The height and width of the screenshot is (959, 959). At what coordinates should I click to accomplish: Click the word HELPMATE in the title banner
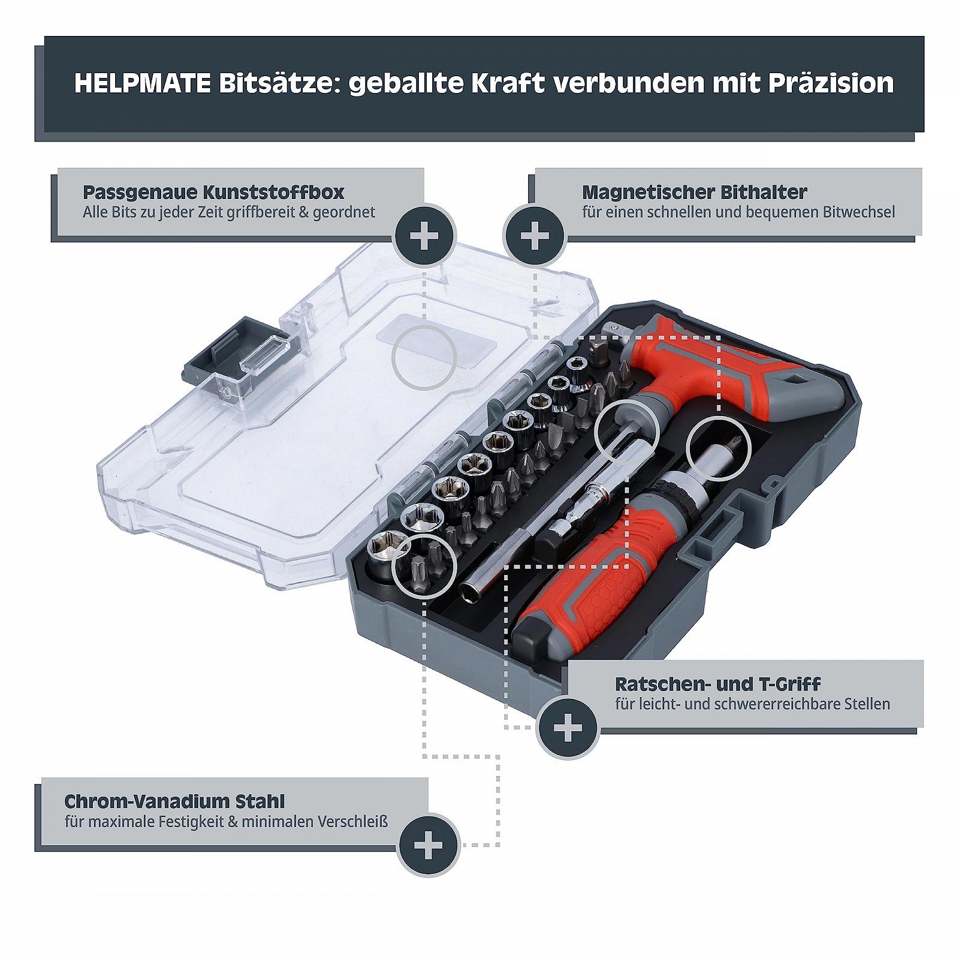point(143,83)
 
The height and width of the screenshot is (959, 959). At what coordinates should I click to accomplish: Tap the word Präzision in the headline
point(831,83)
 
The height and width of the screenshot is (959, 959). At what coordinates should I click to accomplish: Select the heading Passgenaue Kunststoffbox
point(213,192)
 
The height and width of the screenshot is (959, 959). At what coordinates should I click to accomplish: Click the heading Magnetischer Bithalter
point(695,192)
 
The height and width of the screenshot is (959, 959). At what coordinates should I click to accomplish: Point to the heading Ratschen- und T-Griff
point(717,684)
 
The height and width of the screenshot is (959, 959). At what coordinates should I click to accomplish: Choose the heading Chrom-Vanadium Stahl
point(174,801)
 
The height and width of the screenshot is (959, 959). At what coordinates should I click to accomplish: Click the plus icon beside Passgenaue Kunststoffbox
point(424,236)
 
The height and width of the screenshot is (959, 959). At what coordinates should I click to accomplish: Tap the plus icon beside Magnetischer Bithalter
point(535,236)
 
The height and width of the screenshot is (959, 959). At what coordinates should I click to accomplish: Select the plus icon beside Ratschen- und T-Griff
point(568,728)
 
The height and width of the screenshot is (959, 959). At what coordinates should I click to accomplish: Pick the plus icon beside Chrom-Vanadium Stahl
point(429,845)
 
